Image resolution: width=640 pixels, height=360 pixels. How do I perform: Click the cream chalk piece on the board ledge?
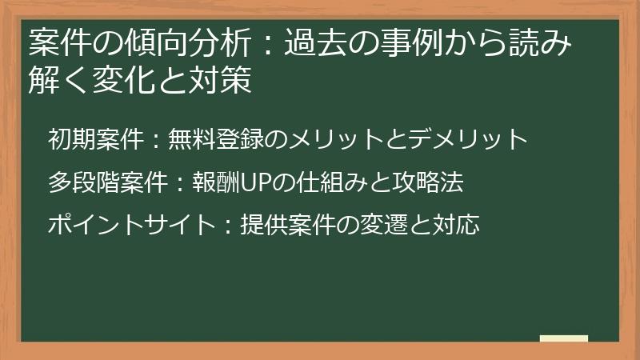point(563,338)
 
